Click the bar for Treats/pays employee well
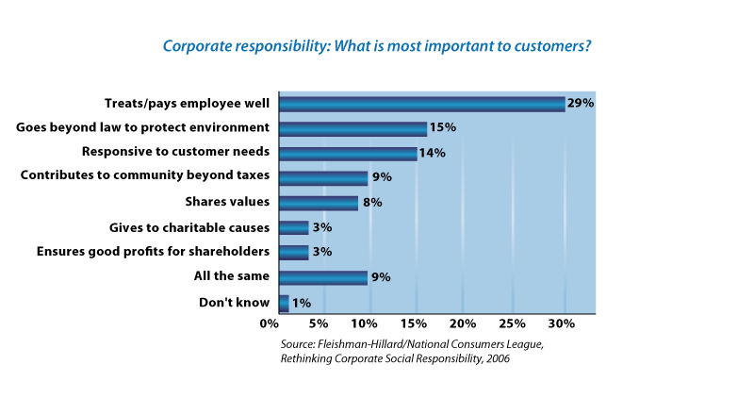[x=422, y=104]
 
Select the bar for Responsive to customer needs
[x=348, y=153]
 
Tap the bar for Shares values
[x=319, y=203]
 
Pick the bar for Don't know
[x=284, y=302]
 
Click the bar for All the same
[x=323, y=277]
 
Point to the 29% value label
[x=581, y=104]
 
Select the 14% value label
[x=433, y=153]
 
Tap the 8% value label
[x=373, y=203]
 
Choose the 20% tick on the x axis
[x=461, y=324]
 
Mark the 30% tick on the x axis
[x=562, y=324]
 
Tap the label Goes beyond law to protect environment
[x=143, y=127]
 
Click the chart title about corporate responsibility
[x=377, y=45]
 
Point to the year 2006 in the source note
[x=495, y=358]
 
